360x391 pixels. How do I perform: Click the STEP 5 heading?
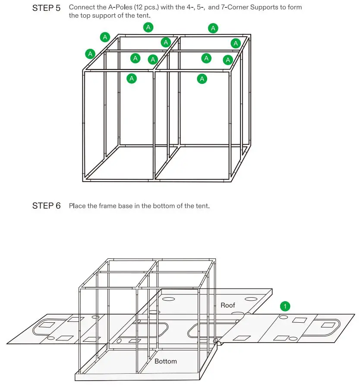pyautogui.click(x=46, y=8)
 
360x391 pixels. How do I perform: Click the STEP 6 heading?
pyautogui.click(x=46, y=206)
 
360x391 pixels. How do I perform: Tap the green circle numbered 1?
pyautogui.click(x=285, y=306)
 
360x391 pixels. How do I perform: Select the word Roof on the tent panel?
pyautogui.click(x=228, y=305)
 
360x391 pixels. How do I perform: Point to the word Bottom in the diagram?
pyautogui.click(x=165, y=361)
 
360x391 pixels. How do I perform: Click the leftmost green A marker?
pyautogui.click(x=90, y=54)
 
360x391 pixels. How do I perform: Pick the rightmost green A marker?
pyautogui.click(x=235, y=43)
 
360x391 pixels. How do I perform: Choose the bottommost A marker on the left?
pyautogui.click(x=132, y=79)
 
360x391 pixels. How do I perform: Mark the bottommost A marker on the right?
pyautogui.click(x=202, y=79)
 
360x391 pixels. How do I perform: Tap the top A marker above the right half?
pyautogui.click(x=213, y=29)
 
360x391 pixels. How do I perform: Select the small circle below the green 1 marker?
pyautogui.click(x=283, y=317)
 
